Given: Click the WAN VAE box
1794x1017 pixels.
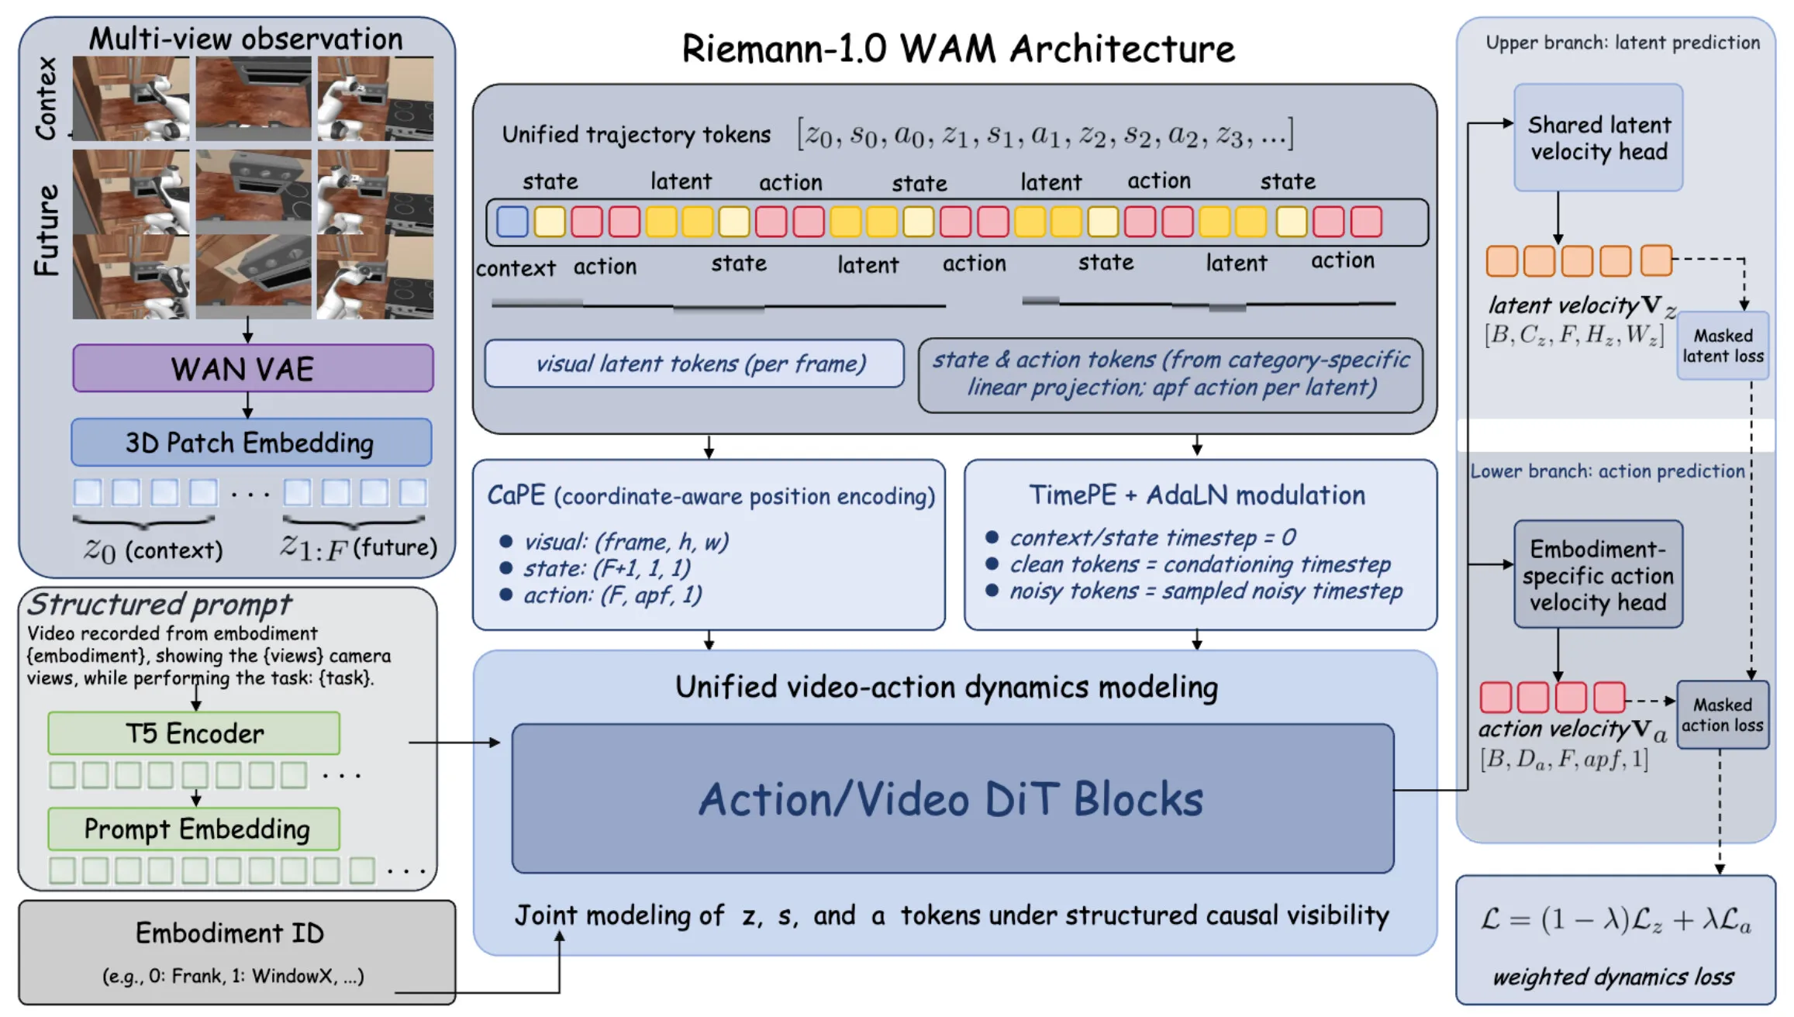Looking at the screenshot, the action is click(253, 368).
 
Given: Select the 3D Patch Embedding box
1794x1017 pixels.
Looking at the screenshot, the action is click(251, 443).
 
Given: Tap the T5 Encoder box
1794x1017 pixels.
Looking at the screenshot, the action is click(194, 733).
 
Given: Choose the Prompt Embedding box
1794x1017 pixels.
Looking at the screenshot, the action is click(194, 829).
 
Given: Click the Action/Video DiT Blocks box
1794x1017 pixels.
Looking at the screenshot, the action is click(952, 798).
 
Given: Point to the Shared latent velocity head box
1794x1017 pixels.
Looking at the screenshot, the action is click(1598, 138).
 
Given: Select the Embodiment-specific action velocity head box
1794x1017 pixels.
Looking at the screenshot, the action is click(1598, 574).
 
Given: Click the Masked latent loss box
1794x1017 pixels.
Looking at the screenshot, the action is click(1723, 346).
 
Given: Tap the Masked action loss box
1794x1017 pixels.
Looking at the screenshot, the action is click(1723, 715).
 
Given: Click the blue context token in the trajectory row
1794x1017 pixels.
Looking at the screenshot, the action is click(512, 222).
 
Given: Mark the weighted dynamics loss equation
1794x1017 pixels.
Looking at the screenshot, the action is click(1615, 920).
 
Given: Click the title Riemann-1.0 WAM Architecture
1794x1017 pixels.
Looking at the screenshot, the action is click(958, 49).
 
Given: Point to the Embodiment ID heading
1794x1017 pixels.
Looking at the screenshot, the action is click(229, 933).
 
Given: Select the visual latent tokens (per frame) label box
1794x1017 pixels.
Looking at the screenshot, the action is click(694, 364).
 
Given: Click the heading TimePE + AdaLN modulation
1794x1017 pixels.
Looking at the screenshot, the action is click(1197, 495).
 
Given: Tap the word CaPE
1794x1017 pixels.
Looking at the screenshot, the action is click(516, 495).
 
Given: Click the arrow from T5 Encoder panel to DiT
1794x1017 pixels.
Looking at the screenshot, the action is click(454, 743).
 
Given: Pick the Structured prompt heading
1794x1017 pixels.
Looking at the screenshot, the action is click(160, 604).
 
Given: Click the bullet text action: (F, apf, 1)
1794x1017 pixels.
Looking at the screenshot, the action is click(612, 595).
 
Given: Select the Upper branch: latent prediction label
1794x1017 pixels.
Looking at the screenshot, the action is click(1623, 43).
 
